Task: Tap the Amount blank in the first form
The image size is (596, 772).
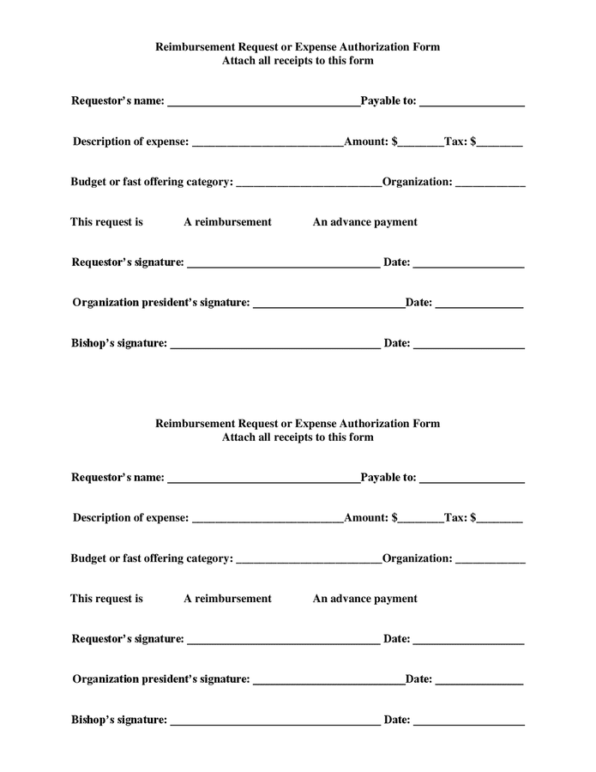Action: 420,142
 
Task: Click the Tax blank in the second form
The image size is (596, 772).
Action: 500,518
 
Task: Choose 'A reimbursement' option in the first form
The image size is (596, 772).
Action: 227,222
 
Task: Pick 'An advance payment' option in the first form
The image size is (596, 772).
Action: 364,222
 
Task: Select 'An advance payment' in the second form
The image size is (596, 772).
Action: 364,599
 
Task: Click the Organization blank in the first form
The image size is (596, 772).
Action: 490,182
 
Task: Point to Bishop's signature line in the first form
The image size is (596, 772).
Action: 275,344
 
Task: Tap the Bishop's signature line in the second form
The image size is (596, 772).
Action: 275,721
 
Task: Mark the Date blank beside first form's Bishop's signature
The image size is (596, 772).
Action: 468,344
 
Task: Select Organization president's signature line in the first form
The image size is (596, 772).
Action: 329,303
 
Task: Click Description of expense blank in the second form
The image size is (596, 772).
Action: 268,518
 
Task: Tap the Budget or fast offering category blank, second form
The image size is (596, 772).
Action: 308,558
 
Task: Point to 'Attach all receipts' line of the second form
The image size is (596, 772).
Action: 298,437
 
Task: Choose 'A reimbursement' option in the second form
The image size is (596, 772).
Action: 227,599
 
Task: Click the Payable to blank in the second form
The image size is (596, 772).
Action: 472,478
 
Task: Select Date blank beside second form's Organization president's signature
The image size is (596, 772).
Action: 479,679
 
